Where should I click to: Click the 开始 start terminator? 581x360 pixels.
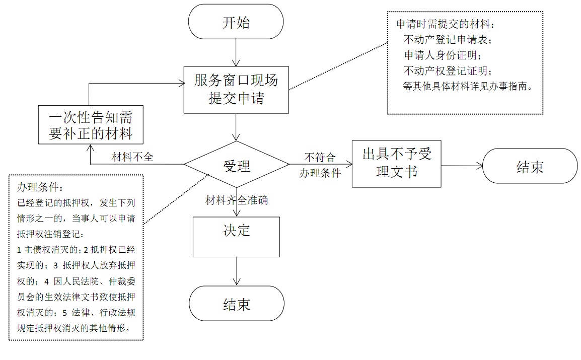click(236, 22)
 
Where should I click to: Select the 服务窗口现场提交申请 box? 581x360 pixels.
click(236, 90)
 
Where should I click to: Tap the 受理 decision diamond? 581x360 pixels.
click(237, 164)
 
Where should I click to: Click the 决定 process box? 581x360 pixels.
click(237, 237)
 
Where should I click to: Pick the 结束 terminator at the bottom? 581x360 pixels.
click(237, 303)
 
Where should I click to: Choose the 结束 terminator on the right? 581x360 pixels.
click(530, 166)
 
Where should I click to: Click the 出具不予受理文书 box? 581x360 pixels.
click(396, 164)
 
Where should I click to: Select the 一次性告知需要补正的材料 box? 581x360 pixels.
click(91, 125)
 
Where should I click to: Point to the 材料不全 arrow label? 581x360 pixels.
click(132, 157)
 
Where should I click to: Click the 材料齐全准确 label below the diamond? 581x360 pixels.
click(237, 200)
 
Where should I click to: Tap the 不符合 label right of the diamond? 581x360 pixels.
click(320, 158)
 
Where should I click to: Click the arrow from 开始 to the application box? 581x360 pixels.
click(236, 52)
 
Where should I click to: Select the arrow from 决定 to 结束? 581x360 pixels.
click(237, 271)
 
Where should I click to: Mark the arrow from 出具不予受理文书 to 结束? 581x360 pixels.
click(462, 166)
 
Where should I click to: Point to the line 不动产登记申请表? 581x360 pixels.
click(448, 40)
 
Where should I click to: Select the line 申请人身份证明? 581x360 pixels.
click(443, 55)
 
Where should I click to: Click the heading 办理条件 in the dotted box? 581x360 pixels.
click(40, 187)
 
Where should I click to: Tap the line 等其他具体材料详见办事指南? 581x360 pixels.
click(468, 86)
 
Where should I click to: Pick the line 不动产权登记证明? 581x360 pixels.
click(448, 70)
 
